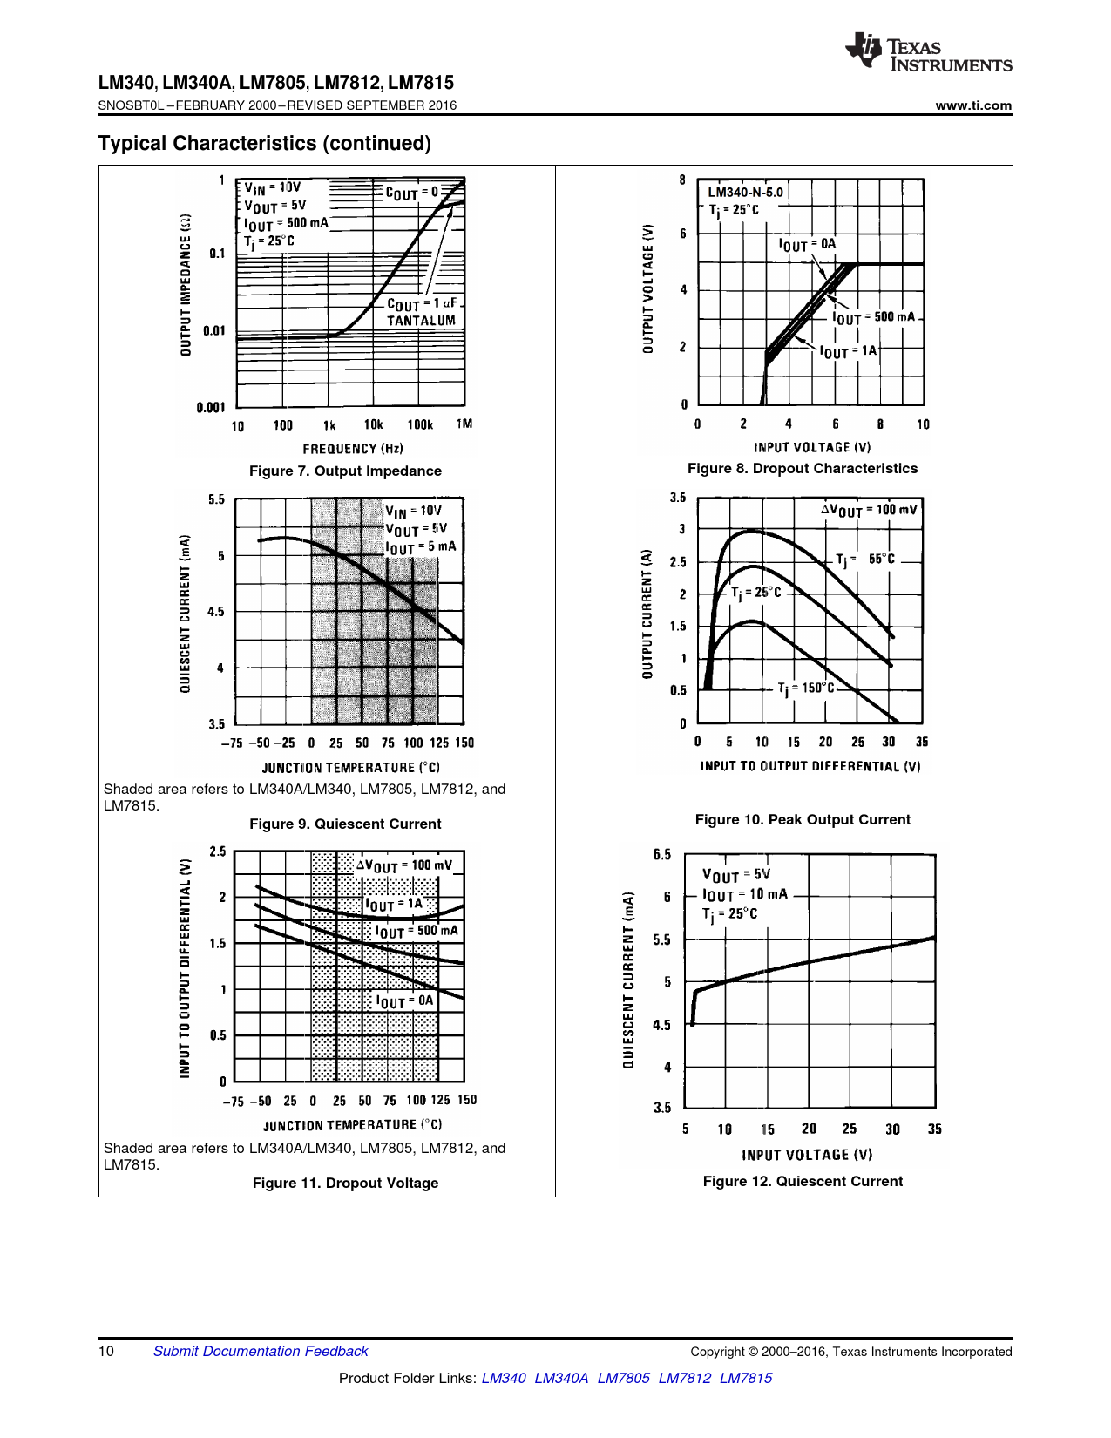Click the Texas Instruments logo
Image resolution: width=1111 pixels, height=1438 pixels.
coord(927,54)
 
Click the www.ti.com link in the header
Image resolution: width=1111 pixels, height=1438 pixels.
coord(973,105)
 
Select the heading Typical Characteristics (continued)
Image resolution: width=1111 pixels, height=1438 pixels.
coord(265,143)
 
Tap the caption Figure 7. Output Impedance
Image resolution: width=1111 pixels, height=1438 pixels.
coord(345,471)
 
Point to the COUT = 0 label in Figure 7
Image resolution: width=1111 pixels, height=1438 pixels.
coord(411,193)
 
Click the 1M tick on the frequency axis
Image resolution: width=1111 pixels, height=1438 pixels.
coord(464,424)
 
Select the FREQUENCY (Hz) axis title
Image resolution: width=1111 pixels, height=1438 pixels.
coord(353,449)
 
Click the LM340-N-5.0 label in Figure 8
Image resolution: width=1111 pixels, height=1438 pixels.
coord(745,192)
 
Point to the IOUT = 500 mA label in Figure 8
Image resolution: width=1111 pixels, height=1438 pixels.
coord(873,317)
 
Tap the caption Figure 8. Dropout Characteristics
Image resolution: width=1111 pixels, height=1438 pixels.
coord(803,468)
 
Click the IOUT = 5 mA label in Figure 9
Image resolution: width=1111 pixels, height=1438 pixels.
coord(421,547)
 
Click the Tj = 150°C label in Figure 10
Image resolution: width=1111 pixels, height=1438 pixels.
coord(806,688)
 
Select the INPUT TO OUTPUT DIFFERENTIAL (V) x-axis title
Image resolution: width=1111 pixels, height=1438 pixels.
coord(810,767)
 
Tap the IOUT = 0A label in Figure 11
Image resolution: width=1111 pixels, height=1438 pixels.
coord(404,1001)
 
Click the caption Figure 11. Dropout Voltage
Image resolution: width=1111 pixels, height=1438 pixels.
coord(345,1183)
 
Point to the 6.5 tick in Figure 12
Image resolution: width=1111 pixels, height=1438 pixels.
coord(662,855)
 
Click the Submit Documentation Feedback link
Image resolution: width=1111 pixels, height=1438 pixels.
coord(261,1351)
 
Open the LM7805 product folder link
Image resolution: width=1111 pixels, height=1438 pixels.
coord(623,1378)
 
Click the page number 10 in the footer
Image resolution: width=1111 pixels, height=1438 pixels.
coord(106,1351)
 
